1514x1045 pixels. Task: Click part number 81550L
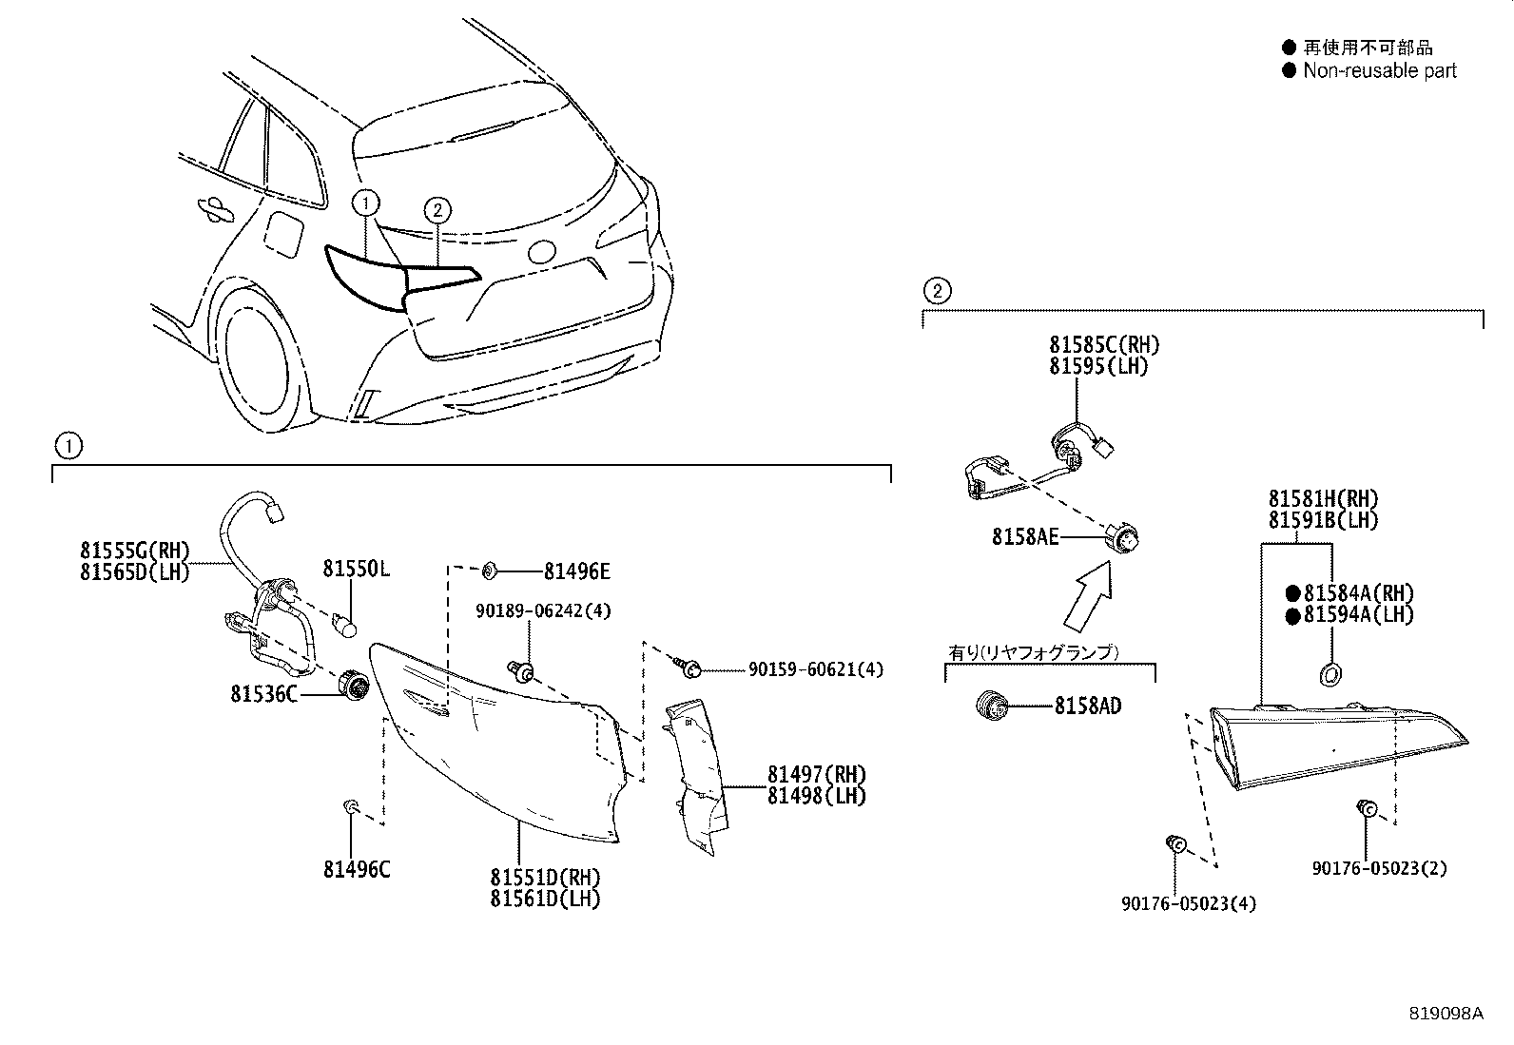[x=356, y=569]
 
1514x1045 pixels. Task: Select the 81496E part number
[x=576, y=571]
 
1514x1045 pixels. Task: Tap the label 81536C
[x=263, y=694]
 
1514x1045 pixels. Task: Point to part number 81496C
[x=357, y=868]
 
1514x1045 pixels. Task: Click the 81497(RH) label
[x=817, y=775]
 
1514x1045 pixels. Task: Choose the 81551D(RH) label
[x=545, y=877]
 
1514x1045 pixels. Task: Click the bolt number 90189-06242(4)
[x=543, y=611]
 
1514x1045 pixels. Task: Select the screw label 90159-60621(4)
[x=815, y=669]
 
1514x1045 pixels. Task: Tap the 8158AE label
[x=1024, y=537]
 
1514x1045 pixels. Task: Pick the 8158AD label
[x=1087, y=706]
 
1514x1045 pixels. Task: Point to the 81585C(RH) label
[x=1104, y=345]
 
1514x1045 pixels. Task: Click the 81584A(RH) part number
[x=1358, y=592]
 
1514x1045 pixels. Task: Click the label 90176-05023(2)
[x=1379, y=868]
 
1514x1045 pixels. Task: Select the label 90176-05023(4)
[x=1189, y=903]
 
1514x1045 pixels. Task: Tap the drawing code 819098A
[x=1446, y=1014]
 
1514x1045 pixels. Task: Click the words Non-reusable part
[x=1379, y=70]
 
